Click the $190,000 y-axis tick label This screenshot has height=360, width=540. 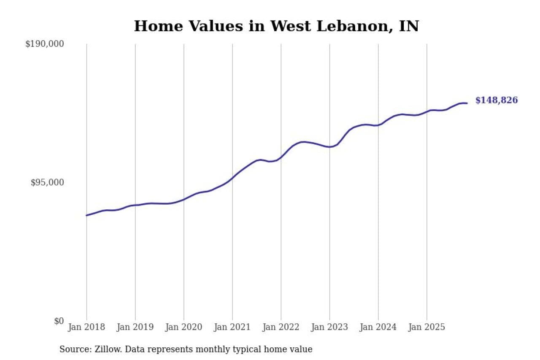click(x=44, y=44)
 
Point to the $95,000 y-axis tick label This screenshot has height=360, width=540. click(x=47, y=182)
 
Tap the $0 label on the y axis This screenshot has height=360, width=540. click(x=59, y=321)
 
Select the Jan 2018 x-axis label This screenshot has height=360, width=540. click(x=86, y=328)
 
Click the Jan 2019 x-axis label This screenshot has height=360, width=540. click(x=135, y=328)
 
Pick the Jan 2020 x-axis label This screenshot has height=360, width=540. click(x=184, y=328)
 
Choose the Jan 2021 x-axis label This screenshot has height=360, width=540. click(x=232, y=328)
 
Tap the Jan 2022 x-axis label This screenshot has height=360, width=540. click(x=281, y=328)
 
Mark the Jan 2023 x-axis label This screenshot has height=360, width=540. click(x=329, y=328)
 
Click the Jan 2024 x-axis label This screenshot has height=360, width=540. click(x=378, y=328)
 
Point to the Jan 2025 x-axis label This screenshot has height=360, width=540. click(x=427, y=328)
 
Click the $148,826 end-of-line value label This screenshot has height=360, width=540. click(x=497, y=100)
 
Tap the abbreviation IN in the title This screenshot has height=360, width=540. click(x=410, y=26)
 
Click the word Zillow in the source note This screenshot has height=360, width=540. click(x=105, y=349)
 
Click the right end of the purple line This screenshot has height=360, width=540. click(x=467, y=103)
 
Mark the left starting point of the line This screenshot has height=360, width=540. click(x=86, y=215)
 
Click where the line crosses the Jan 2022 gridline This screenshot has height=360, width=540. click(x=281, y=157)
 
